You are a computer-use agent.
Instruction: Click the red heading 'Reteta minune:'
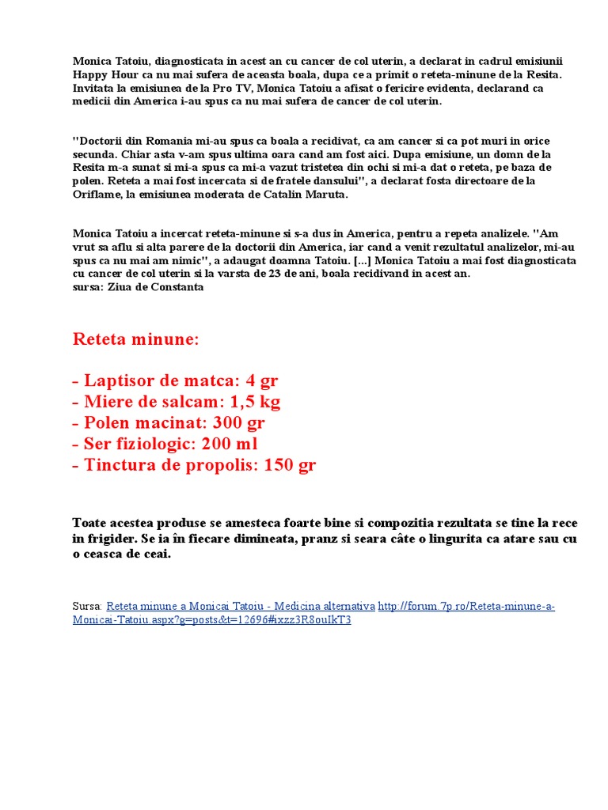(136, 339)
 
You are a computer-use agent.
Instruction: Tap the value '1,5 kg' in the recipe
(255, 402)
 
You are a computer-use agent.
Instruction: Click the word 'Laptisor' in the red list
(120, 380)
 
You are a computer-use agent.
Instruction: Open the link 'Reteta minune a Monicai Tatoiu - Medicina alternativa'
(241, 606)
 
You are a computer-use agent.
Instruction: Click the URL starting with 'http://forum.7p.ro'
(466, 606)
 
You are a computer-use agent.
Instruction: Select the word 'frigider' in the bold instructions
(112, 539)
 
